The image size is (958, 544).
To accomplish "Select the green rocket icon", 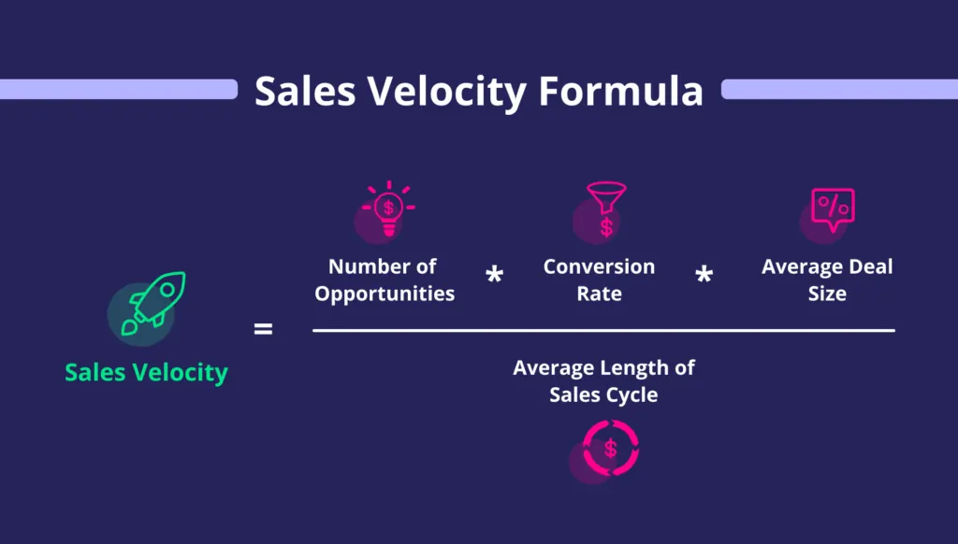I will [x=156, y=299].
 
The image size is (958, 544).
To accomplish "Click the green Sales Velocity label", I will [x=146, y=372].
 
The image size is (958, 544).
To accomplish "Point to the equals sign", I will [x=264, y=329].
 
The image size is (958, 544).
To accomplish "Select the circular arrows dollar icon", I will [x=610, y=449].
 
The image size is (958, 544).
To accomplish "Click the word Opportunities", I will [x=385, y=293].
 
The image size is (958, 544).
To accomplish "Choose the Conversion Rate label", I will [x=600, y=279].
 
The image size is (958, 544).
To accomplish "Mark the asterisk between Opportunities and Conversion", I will [x=494, y=276].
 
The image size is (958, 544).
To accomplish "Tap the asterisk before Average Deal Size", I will [x=704, y=276].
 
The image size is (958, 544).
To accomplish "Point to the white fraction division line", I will [x=603, y=330].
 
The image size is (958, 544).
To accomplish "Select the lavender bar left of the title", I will [x=118, y=90].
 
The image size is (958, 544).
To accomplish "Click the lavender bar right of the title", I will [x=839, y=90].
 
